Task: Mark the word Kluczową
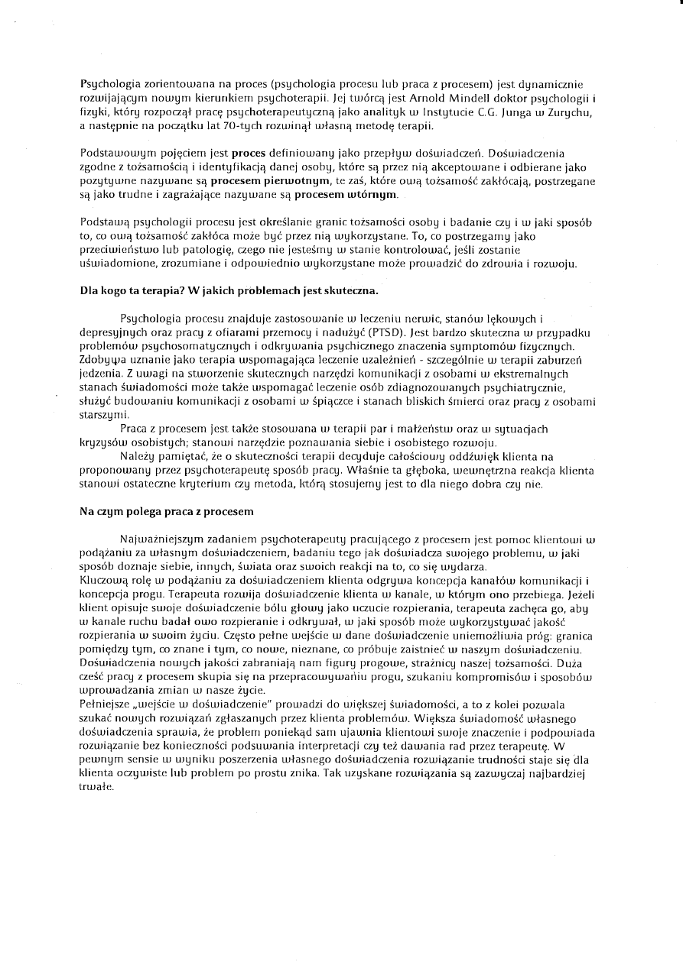click(x=103, y=580)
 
